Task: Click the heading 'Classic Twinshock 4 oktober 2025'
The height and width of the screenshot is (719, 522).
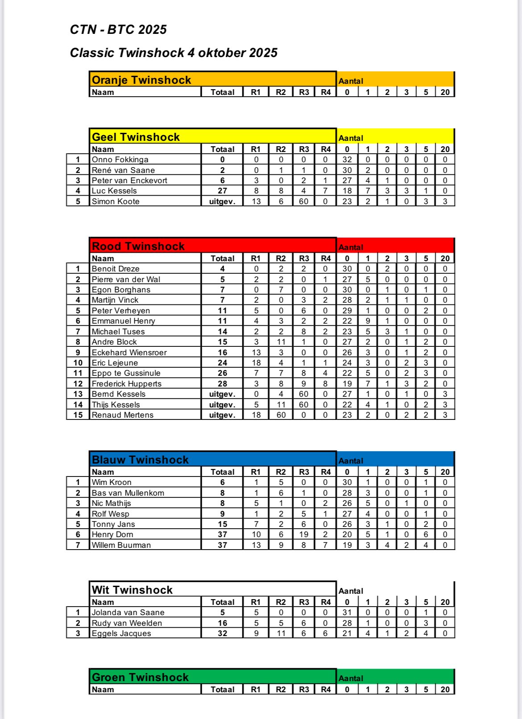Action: tap(174, 53)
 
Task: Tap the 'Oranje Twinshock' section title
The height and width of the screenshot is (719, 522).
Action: tap(141, 80)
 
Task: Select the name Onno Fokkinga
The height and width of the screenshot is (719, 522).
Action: tap(120, 160)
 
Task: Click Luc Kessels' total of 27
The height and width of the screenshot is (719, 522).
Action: tap(222, 191)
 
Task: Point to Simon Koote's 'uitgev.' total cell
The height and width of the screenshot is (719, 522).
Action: tap(222, 201)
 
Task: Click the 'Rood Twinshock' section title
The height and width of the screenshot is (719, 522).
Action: tap(138, 247)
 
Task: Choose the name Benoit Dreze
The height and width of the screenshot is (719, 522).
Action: tap(116, 269)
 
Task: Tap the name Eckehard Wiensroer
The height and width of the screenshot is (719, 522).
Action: tap(129, 353)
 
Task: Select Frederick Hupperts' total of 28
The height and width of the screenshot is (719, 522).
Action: tap(222, 384)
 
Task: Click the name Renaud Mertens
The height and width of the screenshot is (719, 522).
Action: tap(123, 415)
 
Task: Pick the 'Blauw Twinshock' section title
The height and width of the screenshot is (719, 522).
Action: tap(140, 460)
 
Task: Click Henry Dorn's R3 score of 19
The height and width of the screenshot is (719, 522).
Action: tap(304, 534)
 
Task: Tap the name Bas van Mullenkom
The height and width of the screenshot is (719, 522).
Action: tap(128, 493)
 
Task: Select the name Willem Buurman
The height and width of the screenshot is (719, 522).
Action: tap(121, 545)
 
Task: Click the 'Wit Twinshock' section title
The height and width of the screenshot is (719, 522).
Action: tap(132, 590)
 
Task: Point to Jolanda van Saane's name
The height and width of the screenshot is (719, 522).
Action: tap(128, 612)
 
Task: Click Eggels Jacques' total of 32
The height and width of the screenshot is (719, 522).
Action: tap(222, 633)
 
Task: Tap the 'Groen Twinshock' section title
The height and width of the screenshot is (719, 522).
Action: tap(140, 678)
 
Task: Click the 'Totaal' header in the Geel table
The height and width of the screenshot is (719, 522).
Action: tap(222, 149)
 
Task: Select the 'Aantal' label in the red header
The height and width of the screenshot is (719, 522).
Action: tap(351, 247)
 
